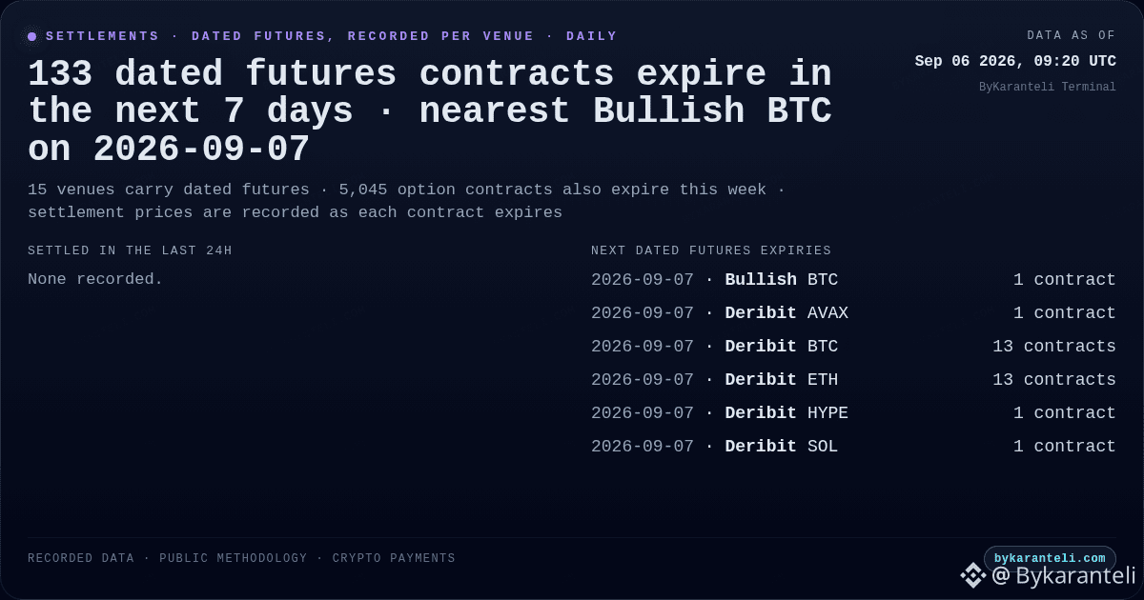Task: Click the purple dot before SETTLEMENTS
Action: [31, 36]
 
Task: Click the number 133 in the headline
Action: [60, 73]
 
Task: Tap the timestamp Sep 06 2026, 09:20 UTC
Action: [1015, 61]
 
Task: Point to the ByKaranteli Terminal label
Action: [1047, 87]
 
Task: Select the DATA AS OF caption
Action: [1071, 35]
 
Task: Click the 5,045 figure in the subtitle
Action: [362, 190]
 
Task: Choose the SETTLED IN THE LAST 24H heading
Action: [130, 250]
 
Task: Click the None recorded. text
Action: [95, 279]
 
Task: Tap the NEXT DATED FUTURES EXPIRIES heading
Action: [711, 250]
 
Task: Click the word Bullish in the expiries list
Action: [761, 280]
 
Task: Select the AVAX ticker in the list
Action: [827, 312]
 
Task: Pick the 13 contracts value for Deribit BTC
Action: [1054, 346]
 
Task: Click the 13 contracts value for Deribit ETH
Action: [1054, 380]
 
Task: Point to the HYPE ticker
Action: [827, 412]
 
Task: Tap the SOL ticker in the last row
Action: [822, 447]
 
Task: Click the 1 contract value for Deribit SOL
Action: [1064, 447]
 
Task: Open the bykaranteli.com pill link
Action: [1050, 558]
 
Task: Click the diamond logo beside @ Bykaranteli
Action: [973, 575]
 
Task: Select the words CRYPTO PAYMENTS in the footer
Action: [393, 558]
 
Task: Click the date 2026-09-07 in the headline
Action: [201, 149]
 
